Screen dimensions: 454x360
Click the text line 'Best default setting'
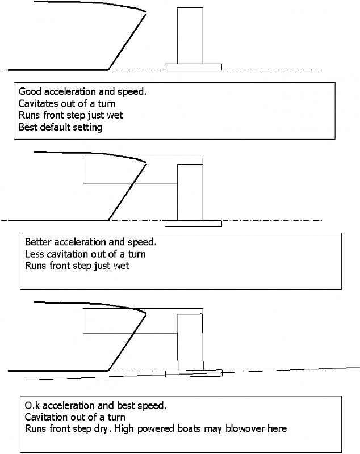[x=60, y=128]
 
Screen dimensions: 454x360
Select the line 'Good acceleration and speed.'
[x=82, y=91]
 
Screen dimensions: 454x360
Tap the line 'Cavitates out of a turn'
[x=67, y=103]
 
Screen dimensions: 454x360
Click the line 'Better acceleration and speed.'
[x=90, y=242]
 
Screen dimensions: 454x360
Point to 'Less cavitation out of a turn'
[x=85, y=254]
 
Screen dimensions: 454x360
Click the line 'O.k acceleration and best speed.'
[x=95, y=406]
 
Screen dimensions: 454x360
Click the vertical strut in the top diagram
[x=190, y=35]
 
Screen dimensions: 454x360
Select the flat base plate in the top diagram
[x=193, y=66]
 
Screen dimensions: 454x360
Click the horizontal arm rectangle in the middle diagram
[x=129, y=170]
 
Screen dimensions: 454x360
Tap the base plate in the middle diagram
[x=193, y=223]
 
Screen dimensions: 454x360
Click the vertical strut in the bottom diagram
[x=190, y=340]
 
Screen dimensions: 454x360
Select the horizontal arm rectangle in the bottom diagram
[x=129, y=321]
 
